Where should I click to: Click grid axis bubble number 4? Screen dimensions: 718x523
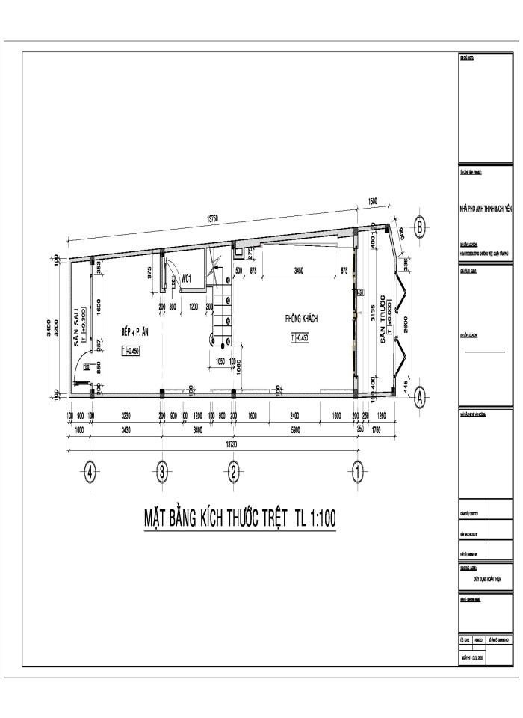(x=90, y=473)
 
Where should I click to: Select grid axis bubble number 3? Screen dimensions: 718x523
(x=162, y=473)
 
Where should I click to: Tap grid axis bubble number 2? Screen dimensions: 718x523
(x=234, y=473)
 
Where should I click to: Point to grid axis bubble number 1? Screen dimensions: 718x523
(x=358, y=473)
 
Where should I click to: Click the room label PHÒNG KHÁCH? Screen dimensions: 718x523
(x=301, y=319)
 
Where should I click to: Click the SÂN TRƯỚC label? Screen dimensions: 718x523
(x=382, y=319)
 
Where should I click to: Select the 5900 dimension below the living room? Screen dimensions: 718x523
(x=295, y=430)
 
